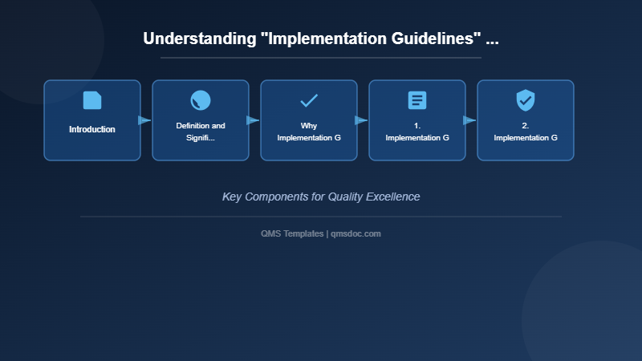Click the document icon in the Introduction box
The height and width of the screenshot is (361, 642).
coord(92,100)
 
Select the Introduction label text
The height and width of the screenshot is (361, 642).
coord(92,129)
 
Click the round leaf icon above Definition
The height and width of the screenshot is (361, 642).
coord(201,100)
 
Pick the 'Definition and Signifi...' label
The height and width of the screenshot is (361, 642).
coord(201,132)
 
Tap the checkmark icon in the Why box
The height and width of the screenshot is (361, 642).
coord(309,100)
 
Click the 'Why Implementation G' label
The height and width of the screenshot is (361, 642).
coord(309,132)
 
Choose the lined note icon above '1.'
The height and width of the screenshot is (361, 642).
coord(417,100)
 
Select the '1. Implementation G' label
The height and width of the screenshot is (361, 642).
coord(417,132)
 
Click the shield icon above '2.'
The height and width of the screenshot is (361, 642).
coord(526,100)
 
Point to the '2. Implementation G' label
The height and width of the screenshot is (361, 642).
coord(526,132)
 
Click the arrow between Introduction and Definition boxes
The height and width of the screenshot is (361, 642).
coord(144,120)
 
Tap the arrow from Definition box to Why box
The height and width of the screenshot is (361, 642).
coord(253,120)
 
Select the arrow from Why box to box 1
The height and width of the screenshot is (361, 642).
coord(361,120)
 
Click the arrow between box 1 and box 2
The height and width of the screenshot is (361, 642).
coord(469,120)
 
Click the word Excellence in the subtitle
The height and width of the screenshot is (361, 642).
coord(391,197)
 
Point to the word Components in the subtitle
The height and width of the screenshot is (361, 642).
coord(280,197)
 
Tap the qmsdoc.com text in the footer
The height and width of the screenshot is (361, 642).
coord(356,233)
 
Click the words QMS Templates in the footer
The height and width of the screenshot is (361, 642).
coord(292,233)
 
